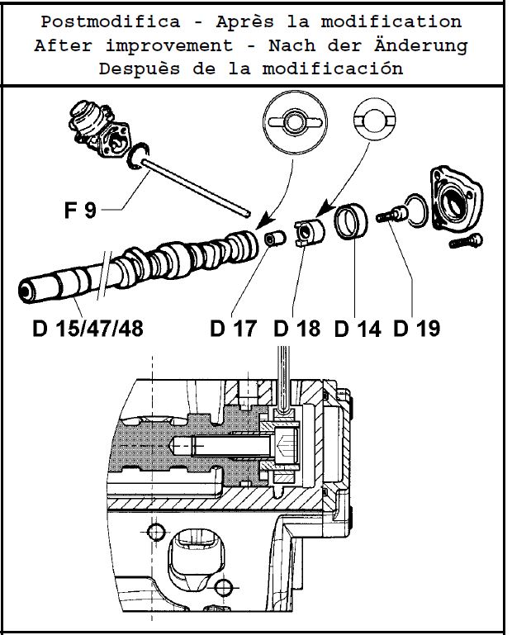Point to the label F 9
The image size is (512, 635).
pyautogui.click(x=80, y=210)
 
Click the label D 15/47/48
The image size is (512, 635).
pyautogui.click(x=88, y=329)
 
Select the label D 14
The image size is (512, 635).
pyautogui.click(x=357, y=329)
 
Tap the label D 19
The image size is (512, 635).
pyautogui.click(x=417, y=329)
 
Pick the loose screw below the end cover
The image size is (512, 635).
pyautogui.click(x=465, y=242)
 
